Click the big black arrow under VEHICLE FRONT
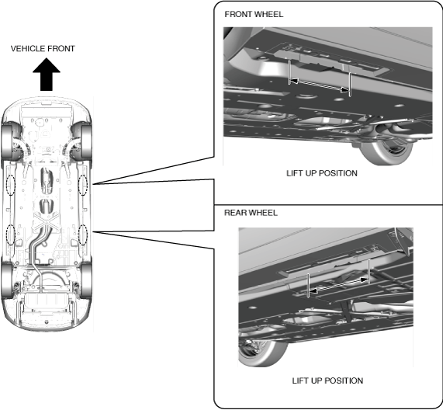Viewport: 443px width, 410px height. (47, 75)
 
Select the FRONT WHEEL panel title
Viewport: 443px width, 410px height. (254, 14)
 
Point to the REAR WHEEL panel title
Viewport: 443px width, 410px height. (251, 213)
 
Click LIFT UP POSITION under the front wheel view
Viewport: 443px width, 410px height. (322, 173)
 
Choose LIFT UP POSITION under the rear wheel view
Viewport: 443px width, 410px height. (327, 380)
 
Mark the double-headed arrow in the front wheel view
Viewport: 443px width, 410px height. (319, 85)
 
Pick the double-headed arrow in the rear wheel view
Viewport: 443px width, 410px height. (338, 285)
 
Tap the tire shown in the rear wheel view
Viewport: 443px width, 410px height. (261, 352)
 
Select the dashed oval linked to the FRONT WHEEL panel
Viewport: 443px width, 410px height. (83, 185)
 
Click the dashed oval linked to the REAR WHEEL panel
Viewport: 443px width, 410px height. (83, 235)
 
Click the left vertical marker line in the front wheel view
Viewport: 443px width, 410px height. (289, 71)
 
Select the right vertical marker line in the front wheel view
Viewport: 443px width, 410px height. (350, 85)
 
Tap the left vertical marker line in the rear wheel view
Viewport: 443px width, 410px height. (308, 285)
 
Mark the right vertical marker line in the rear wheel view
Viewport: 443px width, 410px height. (369, 271)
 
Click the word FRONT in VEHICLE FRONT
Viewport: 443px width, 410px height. (61, 49)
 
